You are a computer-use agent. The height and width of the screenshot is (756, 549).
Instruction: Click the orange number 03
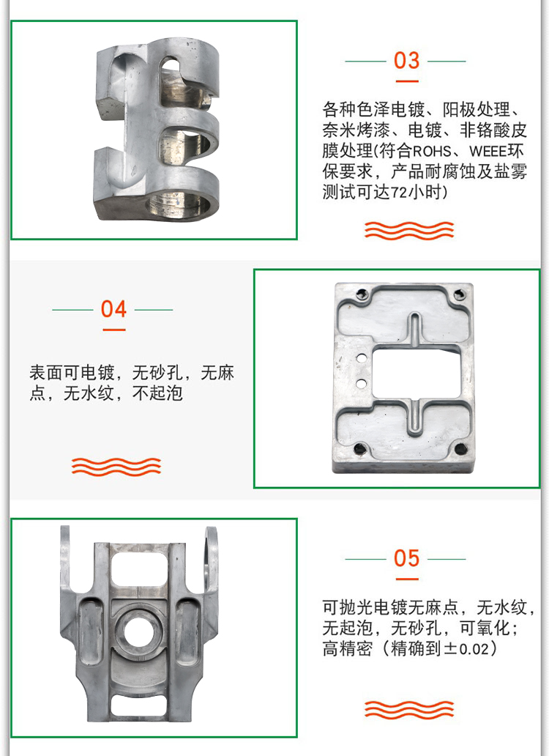tap(406, 60)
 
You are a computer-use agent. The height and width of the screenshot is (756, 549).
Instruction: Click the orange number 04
tap(113, 309)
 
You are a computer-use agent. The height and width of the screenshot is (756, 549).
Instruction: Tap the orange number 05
tap(406, 558)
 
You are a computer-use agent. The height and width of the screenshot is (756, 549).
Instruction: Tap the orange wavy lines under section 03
tap(409, 231)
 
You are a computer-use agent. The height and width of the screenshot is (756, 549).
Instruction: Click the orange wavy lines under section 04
tap(116, 467)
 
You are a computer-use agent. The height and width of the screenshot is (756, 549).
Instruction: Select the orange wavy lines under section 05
tap(409, 709)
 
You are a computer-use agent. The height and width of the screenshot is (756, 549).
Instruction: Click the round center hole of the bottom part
tap(140, 631)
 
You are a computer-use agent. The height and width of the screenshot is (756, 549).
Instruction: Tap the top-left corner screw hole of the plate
tap(361, 294)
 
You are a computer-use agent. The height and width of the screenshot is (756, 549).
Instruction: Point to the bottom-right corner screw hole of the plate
tap(461, 450)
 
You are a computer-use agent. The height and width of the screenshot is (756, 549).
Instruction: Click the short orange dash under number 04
tap(114, 330)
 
